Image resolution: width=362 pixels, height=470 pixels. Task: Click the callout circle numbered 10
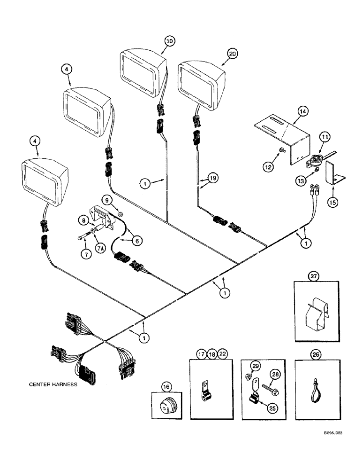click(169, 41)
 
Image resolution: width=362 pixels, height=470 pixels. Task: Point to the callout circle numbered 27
click(313, 277)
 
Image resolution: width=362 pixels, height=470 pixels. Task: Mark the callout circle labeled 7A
click(100, 248)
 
